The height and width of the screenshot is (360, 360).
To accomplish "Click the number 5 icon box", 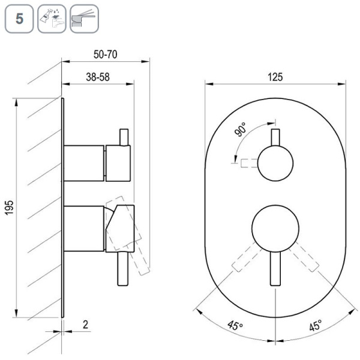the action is (x=19, y=19).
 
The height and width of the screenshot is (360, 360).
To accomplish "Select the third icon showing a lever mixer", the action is (x=84, y=19).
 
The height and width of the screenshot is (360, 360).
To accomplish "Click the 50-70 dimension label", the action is (x=106, y=55).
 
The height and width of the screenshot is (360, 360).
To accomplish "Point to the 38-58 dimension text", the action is (x=98, y=77).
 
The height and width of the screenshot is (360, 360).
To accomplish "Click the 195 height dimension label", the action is (x=10, y=208).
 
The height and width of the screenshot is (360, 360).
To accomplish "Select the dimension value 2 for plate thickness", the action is (x=85, y=325).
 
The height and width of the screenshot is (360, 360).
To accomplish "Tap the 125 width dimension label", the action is (x=275, y=77).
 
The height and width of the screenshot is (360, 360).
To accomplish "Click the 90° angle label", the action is (x=241, y=130).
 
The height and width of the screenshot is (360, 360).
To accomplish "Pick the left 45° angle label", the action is (x=235, y=325).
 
